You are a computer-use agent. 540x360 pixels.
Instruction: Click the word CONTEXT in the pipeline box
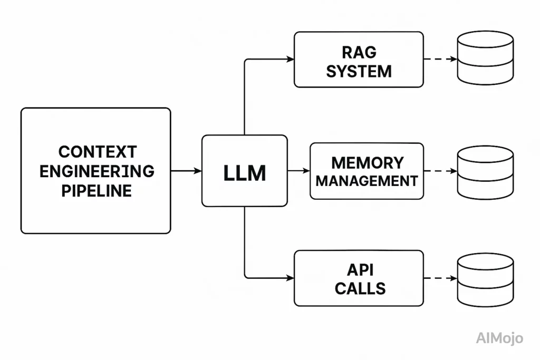97,152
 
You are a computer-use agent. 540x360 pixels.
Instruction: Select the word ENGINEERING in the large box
97,171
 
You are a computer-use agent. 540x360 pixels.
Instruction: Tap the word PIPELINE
97,190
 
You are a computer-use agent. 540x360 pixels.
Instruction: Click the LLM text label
245,172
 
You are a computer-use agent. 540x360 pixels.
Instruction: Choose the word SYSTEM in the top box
359,71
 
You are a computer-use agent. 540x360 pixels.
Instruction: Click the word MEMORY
367,162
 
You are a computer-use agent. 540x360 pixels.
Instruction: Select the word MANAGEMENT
367,181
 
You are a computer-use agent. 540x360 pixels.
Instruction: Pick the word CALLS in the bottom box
360,288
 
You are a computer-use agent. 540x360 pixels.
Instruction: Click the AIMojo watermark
499,338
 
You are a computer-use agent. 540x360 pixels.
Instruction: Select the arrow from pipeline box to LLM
186,171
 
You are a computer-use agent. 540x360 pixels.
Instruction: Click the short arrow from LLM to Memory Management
298,171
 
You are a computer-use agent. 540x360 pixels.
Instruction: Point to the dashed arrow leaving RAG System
440,59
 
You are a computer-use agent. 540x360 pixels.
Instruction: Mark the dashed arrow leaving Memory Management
440,171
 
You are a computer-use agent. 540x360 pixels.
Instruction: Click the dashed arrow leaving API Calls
440,278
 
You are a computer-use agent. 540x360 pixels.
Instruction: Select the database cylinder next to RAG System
485,57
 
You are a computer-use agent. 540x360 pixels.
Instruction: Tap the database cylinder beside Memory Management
485,172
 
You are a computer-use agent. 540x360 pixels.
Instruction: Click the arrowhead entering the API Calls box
291,278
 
